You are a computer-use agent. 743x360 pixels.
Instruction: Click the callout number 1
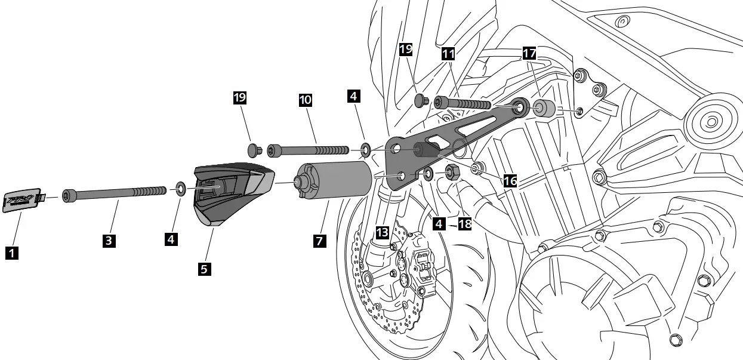[x=11, y=253]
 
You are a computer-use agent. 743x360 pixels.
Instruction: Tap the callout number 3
[x=109, y=241]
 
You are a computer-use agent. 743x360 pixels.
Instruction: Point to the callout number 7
[x=319, y=241]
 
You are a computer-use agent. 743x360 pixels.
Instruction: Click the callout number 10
[x=305, y=100]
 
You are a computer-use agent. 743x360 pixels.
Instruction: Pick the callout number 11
[x=448, y=54]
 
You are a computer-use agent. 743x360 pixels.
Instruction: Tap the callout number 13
[x=383, y=231]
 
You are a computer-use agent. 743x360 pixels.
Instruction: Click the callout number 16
[x=510, y=180]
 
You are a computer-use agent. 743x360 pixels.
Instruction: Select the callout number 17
[x=529, y=53]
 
